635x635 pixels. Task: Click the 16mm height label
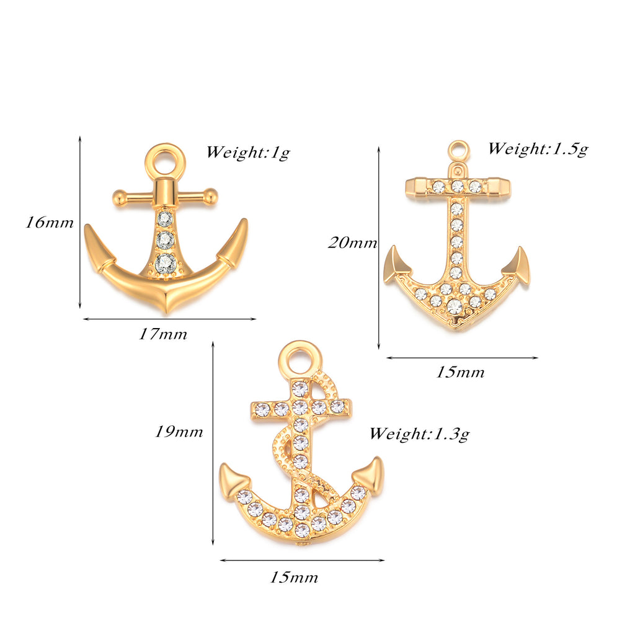tap(50, 223)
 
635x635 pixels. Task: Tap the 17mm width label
tap(163, 334)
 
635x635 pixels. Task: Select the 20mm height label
tap(352, 242)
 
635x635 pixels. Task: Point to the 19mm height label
tap(179, 432)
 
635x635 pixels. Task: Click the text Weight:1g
tap(248, 153)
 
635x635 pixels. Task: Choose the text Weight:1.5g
tap(538, 149)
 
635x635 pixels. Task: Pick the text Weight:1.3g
tap(419, 433)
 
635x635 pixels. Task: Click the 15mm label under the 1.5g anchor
tap(460, 372)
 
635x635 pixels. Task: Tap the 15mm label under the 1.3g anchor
tap(294, 577)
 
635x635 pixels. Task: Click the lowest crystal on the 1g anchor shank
tap(165, 264)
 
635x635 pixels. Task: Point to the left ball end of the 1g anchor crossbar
tap(118, 197)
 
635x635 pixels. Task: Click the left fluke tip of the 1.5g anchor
tap(393, 247)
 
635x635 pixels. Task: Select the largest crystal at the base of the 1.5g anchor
tap(455, 306)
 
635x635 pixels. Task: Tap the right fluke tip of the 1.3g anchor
tap(378, 459)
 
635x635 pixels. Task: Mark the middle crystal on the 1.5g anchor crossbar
tap(457, 186)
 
